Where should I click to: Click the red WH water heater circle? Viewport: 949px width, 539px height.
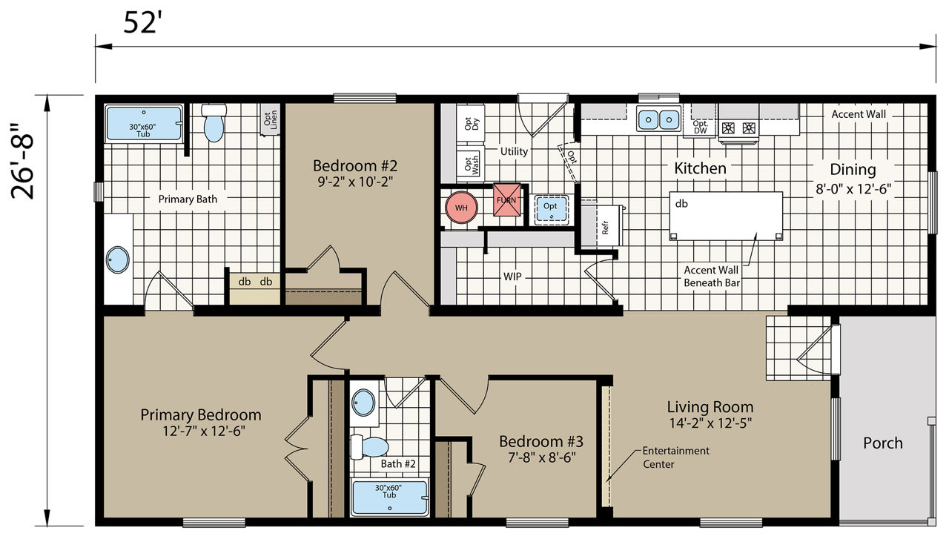(461, 208)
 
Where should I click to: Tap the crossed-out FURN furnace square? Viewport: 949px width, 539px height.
(506, 199)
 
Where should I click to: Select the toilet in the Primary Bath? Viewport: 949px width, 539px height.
(214, 122)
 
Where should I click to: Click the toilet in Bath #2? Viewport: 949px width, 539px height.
(369, 447)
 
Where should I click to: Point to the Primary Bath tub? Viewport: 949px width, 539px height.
(144, 123)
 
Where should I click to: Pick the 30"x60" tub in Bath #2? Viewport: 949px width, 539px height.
(390, 498)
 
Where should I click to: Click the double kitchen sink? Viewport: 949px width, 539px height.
(658, 119)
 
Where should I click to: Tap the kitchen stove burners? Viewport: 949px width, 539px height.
(738, 128)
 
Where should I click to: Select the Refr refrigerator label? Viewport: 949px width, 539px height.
(605, 227)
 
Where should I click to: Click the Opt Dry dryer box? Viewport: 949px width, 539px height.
(471, 124)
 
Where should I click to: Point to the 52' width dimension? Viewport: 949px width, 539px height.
(142, 23)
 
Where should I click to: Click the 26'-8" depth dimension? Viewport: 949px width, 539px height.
(22, 162)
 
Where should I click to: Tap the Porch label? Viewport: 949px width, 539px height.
(883, 443)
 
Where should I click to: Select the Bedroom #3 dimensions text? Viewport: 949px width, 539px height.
(542, 458)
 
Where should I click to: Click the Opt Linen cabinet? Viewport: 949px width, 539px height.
(270, 120)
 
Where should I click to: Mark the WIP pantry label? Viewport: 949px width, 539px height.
(512, 277)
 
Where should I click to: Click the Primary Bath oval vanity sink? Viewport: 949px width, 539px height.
(117, 259)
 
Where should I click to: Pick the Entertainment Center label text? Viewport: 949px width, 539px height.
(675, 457)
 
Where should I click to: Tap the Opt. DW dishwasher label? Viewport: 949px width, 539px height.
(701, 127)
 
